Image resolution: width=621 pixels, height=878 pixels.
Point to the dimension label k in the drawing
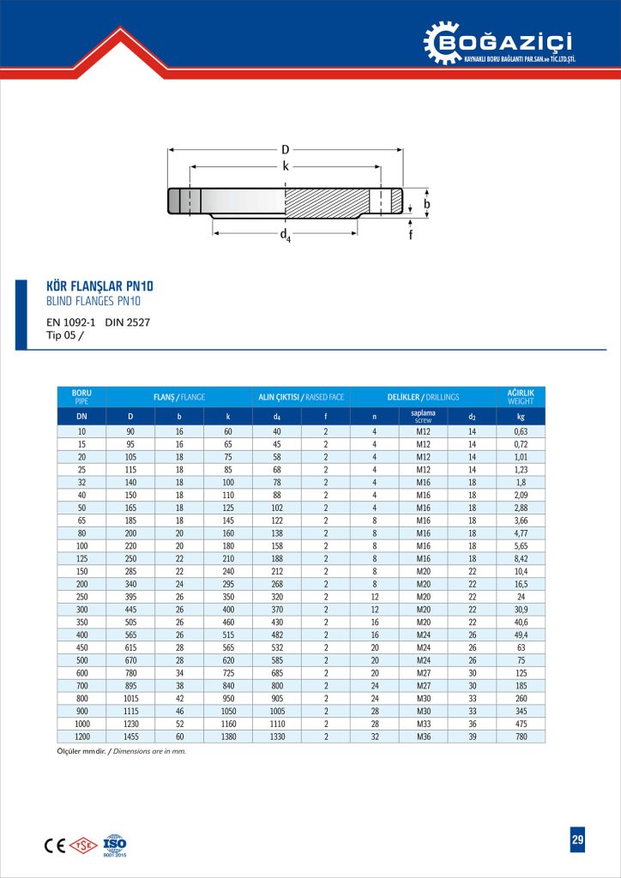285,166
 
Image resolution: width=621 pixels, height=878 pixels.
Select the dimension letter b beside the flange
426,205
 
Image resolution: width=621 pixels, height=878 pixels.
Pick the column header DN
81,416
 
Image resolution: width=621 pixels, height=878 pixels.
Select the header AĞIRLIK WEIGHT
520,397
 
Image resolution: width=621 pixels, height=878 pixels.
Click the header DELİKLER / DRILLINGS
423,397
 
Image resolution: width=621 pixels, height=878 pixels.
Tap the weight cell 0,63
520,431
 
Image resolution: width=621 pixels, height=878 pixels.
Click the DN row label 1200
81,736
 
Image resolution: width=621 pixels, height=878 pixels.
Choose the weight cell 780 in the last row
520,736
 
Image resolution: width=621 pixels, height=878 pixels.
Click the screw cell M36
423,736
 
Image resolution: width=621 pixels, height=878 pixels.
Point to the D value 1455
130,736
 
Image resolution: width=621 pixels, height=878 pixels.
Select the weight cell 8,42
520,558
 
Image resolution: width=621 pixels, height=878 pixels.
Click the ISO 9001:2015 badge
114,845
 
